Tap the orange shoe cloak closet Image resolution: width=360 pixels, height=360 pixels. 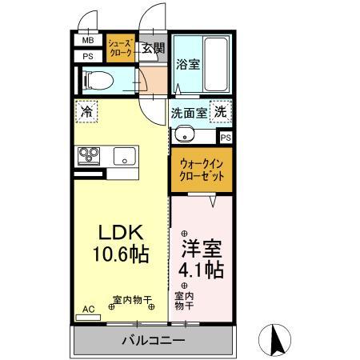122,50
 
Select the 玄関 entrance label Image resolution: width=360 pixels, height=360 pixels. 153,47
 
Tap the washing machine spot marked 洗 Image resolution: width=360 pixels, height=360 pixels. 218,112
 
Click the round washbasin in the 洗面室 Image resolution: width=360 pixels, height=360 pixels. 183,134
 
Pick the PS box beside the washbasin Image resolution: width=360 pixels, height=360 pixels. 226,138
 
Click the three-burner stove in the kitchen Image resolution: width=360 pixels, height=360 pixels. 87,155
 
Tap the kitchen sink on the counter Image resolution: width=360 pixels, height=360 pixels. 125,155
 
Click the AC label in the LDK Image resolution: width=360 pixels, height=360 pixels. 88,308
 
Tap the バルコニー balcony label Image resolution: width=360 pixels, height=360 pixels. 154,341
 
